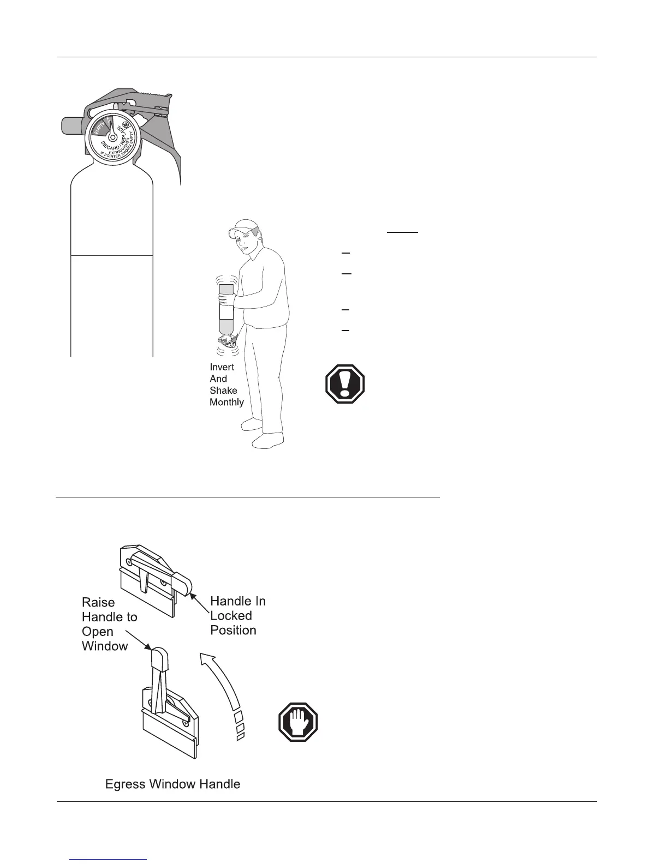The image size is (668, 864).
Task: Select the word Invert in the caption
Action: tap(222, 367)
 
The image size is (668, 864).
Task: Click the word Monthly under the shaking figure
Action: tap(226, 403)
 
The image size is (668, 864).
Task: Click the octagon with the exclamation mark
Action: tap(345, 384)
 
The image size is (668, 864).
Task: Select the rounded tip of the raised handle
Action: tap(159, 658)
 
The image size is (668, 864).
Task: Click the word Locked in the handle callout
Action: tap(231, 616)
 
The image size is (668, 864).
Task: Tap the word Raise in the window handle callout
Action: tap(98, 602)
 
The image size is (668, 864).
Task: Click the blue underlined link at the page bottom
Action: tap(109, 859)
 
